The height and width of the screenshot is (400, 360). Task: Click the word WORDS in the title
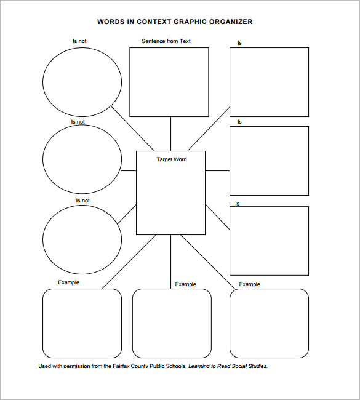click(x=109, y=22)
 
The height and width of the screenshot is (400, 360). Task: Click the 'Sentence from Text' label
click(x=166, y=41)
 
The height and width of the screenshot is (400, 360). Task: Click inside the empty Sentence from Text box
click(x=169, y=82)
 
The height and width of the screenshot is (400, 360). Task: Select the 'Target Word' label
click(x=172, y=159)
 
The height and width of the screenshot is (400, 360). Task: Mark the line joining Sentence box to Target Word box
click(x=170, y=134)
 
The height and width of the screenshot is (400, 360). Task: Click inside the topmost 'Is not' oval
click(x=82, y=81)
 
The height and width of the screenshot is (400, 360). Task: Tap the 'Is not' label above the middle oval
click(x=78, y=122)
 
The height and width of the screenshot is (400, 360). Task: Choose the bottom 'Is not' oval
click(x=82, y=239)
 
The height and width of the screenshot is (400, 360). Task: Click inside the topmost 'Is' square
click(x=269, y=82)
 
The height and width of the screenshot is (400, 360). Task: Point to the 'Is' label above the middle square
click(x=239, y=122)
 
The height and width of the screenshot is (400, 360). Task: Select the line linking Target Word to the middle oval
click(x=129, y=171)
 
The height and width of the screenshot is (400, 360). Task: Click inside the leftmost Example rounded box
click(x=82, y=323)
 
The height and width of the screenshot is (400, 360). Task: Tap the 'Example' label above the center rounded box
click(x=185, y=284)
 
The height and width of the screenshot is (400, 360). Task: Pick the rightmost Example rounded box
click(x=269, y=323)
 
